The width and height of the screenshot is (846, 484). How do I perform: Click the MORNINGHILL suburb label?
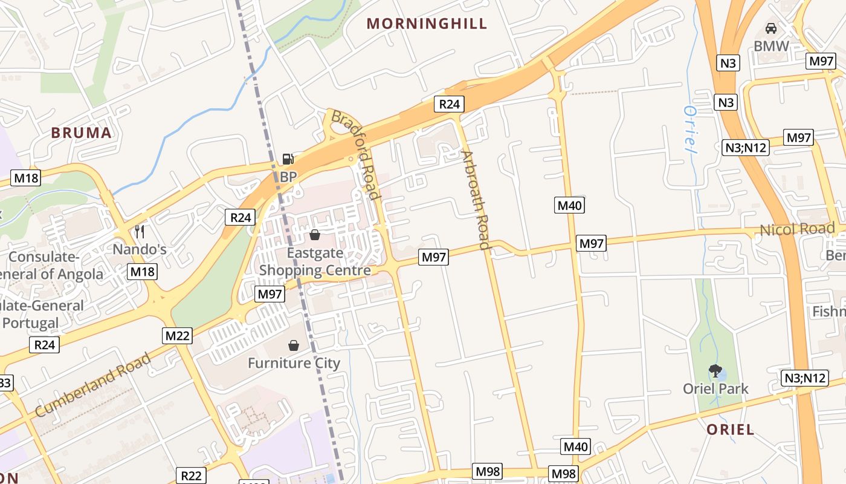(427, 24)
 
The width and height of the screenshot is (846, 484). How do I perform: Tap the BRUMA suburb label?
(82, 133)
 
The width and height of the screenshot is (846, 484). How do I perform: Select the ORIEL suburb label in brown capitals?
(731, 430)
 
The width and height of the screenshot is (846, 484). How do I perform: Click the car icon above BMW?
(771, 28)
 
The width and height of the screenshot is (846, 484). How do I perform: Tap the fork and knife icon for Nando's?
(140, 232)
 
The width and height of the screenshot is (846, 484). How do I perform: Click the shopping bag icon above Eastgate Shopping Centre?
(314, 235)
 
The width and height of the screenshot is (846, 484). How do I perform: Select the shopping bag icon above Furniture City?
(294, 345)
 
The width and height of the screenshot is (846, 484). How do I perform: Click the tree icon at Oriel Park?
(715, 371)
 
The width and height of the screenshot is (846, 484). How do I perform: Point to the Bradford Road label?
(356, 154)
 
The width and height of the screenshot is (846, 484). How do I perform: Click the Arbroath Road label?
(475, 200)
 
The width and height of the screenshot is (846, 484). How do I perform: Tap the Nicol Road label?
(797, 229)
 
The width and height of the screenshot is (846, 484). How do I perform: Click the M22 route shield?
(177, 335)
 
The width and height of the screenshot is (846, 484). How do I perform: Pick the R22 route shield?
(191, 476)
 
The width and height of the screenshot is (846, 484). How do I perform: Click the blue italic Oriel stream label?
(689, 129)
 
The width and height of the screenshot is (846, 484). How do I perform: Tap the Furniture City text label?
(294, 364)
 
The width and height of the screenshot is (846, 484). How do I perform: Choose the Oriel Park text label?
(715, 388)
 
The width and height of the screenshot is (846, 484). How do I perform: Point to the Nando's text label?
(140, 249)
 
